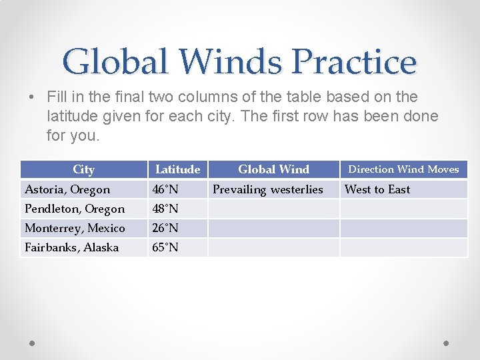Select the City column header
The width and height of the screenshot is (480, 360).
[x=83, y=169]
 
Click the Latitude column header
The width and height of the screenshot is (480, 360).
[x=177, y=169]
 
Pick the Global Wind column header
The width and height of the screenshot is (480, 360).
[x=273, y=169]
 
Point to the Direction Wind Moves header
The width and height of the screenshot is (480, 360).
[x=403, y=169]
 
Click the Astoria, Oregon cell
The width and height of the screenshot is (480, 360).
[x=67, y=189]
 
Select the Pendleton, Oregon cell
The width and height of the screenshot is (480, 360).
[x=75, y=209]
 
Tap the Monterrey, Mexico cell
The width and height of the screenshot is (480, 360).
[x=75, y=228]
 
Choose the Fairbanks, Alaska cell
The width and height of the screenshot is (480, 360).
[x=72, y=247]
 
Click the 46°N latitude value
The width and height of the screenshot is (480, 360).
[x=165, y=189]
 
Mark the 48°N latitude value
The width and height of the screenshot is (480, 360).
[x=165, y=209]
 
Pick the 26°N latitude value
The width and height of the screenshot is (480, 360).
[x=165, y=228]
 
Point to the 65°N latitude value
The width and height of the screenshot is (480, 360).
[x=165, y=247]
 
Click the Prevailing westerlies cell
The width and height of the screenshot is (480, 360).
[x=267, y=189]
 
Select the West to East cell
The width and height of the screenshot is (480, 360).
[x=377, y=189]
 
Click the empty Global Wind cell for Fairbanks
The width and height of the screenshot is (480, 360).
[x=273, y=247]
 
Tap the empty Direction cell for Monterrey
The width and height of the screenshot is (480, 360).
[x=403, y=228]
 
